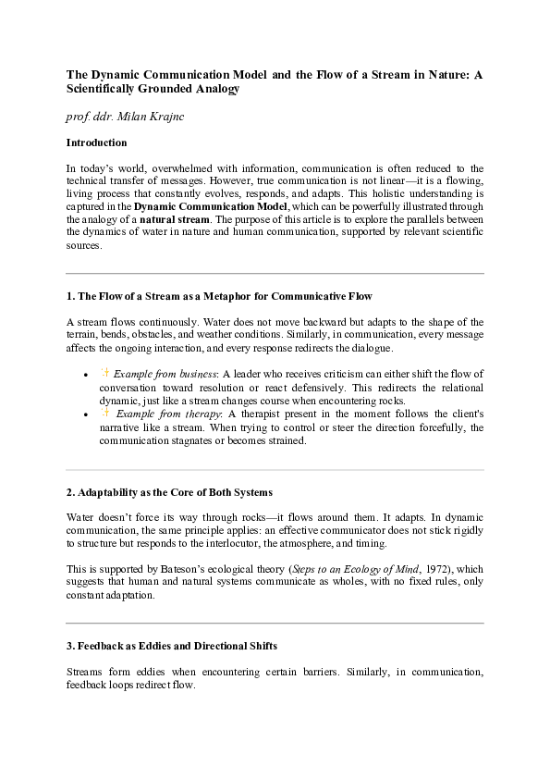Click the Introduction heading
[x=96, y=143]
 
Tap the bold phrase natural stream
[x=175, y=220]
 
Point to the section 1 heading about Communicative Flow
[x=219, y=297]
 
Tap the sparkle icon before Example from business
[x=104, y=374]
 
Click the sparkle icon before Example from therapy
[x=104, y=414]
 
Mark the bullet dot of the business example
[x=85, y=375]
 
